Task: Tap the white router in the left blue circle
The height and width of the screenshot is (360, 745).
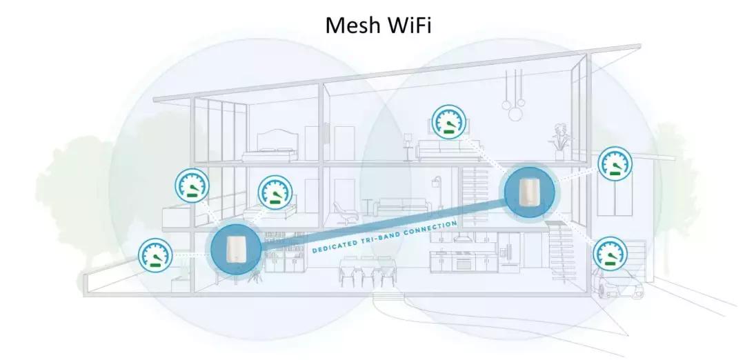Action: coord(235,250)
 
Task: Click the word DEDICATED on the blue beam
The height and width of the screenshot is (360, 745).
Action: coord(337,246)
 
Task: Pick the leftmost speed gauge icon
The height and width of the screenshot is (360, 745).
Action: coord(156,254)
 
